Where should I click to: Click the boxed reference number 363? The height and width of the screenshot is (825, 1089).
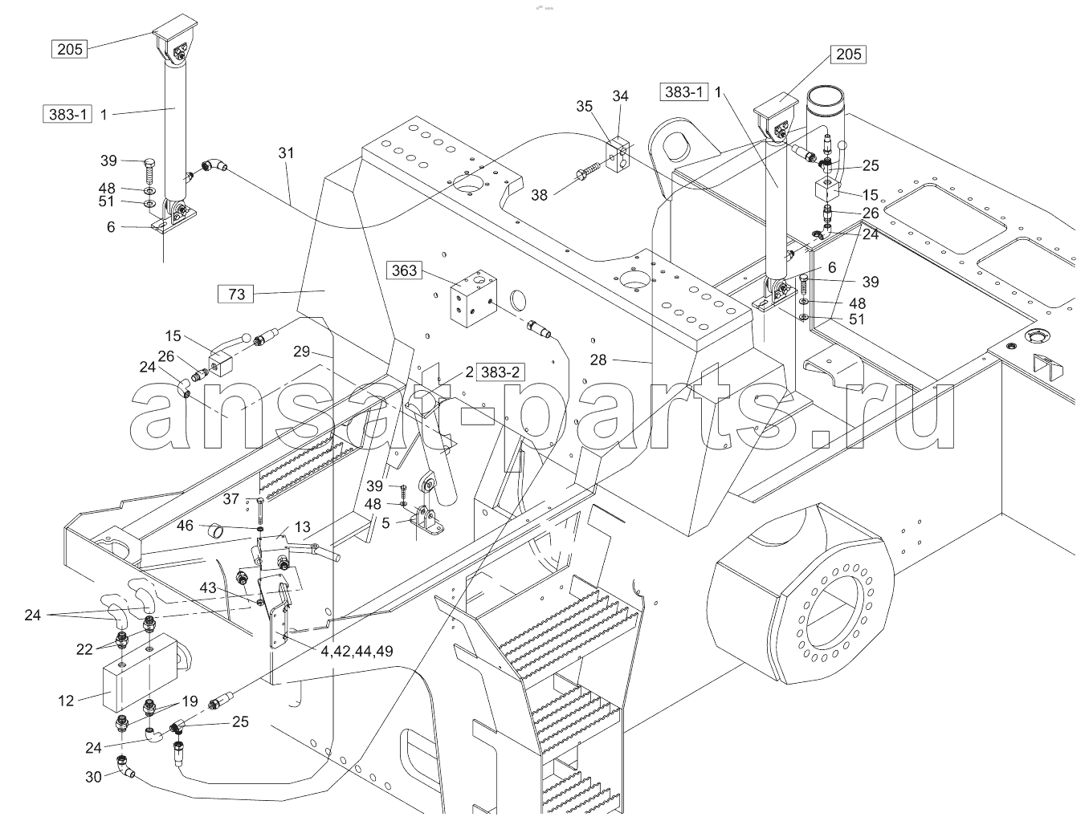(x=404, y=270)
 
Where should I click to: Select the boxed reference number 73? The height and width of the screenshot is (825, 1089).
(x=236, y=294)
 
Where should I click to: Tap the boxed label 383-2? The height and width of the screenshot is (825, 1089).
(x=500, y=372)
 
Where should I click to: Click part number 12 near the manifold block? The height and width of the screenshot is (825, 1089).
(x=66, y=701)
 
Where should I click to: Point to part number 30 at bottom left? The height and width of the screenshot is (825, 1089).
(x=93, y=776)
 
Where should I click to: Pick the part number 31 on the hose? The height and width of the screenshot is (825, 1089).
(x=286, y=153)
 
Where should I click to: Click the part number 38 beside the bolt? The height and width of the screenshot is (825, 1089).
(x=540, y=195)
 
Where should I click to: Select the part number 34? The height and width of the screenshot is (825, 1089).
(x=620, y=96)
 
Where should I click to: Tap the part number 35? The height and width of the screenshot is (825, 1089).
(x=585, y=106)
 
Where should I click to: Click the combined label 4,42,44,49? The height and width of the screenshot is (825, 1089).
(x=357, y=651)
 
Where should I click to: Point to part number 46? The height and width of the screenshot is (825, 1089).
(x=185, y=525)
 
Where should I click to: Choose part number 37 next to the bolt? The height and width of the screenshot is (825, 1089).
(x=230, y=498)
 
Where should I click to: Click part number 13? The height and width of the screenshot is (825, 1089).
(x=302, y=526)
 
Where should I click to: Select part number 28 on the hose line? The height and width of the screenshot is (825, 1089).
(x=598, y=360)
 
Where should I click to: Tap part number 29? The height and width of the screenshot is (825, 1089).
(x=301, y=352)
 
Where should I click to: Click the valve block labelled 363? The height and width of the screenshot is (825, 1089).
(x=473, y=298)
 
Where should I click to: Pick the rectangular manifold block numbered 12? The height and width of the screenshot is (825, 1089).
(x=141, y=673)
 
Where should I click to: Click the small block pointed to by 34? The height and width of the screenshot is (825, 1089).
(x=618, y=155)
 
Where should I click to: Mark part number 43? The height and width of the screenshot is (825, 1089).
(x=207, y=588)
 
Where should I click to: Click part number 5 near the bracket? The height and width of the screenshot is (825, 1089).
(x=385, y=523)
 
